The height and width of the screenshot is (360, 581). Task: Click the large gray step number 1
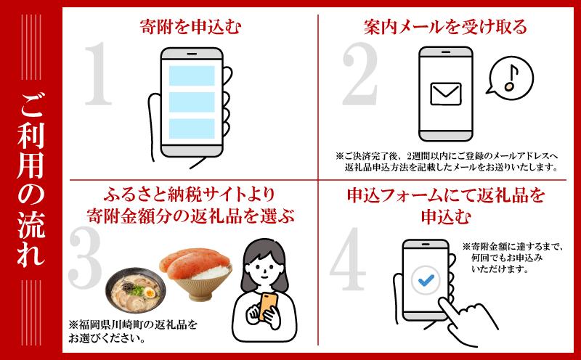(98, 74)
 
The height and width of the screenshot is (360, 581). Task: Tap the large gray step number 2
(360, 74)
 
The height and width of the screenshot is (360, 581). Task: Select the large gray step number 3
(85, 258)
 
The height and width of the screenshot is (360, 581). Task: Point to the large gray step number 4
(349, 259)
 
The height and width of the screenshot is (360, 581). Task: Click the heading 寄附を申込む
(191, 27)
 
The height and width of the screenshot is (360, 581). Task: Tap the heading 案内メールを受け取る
(445, 27)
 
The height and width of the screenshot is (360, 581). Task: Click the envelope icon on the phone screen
(446, 94)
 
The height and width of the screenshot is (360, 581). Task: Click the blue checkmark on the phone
(426, 280)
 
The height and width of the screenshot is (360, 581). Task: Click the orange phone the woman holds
(267, 306)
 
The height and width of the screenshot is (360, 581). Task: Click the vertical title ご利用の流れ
(31, 180)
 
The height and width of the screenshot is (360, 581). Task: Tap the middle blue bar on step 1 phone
(192, 102)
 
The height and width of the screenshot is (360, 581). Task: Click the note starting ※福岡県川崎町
(133, 332)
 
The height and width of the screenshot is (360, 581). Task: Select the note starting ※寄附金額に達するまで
(513, 258)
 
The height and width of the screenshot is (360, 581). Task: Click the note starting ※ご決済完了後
(447, 162)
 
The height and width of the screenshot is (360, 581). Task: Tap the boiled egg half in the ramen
(150, 293)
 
